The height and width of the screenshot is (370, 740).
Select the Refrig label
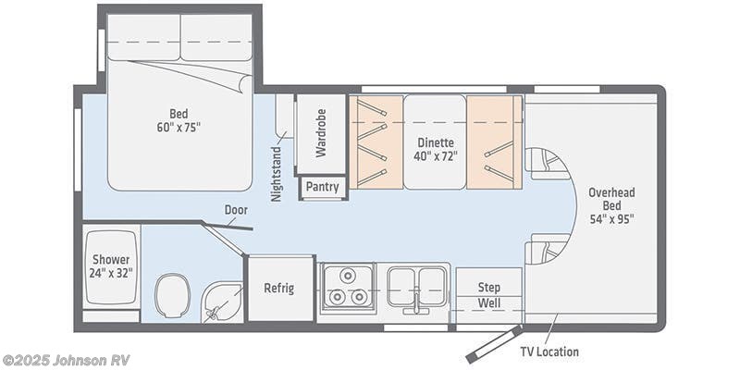[278, 288]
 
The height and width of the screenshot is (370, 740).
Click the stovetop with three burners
[346, 286]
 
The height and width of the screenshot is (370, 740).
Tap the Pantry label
[323, 187]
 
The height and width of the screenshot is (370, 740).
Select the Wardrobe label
[321, 135]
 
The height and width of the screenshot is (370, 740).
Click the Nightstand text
[277, 173]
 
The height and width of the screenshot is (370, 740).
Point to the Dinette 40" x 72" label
[435, 150]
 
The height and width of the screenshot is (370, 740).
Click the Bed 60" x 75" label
[179, 119]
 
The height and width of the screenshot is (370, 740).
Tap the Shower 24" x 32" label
[111, 266]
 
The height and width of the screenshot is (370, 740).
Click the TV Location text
[549, 351]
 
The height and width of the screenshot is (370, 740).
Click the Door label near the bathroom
[236, 210]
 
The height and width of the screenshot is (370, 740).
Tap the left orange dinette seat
[376, 141]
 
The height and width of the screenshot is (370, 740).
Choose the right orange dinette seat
[494, 141]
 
